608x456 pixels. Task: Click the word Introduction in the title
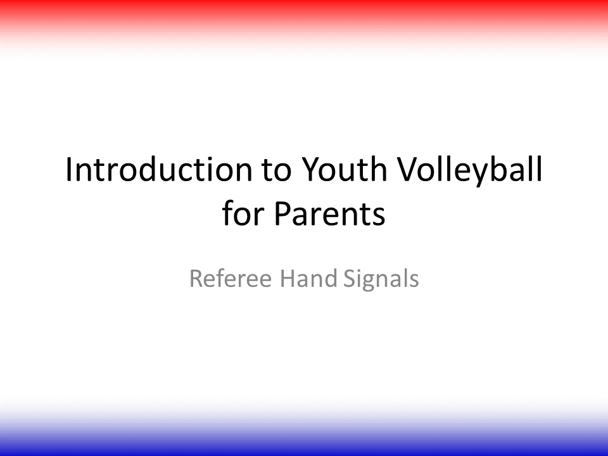pyautogui.click(x=159, y=169)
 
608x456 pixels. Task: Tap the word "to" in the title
pyautogui.click(x=277, y=170)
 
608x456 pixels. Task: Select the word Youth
pyautogui.click(x=344, y=169)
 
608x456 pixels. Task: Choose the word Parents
pyautogui.click(x=329, y=213)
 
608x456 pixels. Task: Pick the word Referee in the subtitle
pyautogui.click(x=231, y=278)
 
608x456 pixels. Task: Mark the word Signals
pyautogui.click(x=381, y=279)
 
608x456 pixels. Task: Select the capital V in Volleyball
pyautogui.click(x=410, y=169)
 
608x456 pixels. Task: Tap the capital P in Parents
pyautogui.click(x=284, y=213)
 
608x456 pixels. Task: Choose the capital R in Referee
pyautogui.click(x=196, y=278)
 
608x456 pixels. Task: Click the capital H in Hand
pyautogui.click(x=288, y=278)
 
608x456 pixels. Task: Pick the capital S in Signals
pyautogui.click(x=350, y=278)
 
